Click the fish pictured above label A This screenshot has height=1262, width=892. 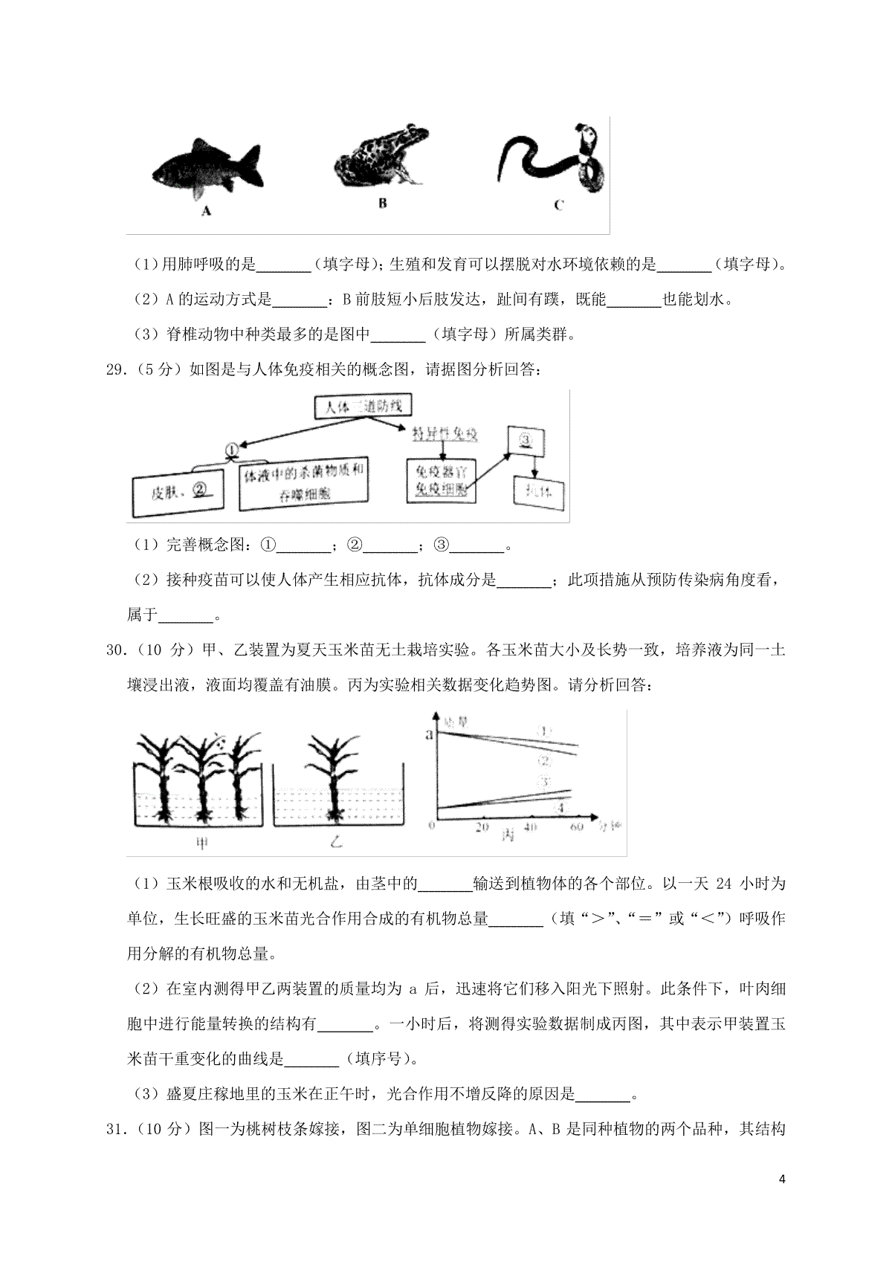pyautogui.click(x=207, y=170)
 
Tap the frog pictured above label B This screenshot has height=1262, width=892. pyautogui.click(x=381, y=157)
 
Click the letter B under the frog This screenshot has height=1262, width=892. pyautogui.click(x=382, y=203)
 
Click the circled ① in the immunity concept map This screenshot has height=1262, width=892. pyautogui.click(x=232, y=450)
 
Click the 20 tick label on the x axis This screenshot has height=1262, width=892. pyautogui.click(x=482, y=827)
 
